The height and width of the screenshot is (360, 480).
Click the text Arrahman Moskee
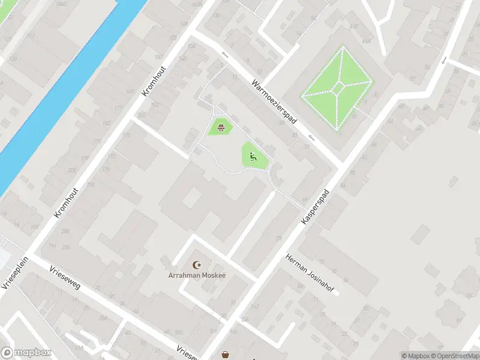[196, 275]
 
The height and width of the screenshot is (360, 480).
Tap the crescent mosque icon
[196, 265]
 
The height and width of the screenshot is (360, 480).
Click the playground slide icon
[253, 157]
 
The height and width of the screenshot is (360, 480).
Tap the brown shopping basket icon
[225, 355]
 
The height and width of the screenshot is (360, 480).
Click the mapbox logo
[26, 353]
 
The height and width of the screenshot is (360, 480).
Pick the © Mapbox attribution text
[415, 356]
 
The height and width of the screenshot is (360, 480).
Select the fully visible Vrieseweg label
[65, 278]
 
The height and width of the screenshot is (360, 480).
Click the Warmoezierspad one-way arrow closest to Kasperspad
[225, 55]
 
